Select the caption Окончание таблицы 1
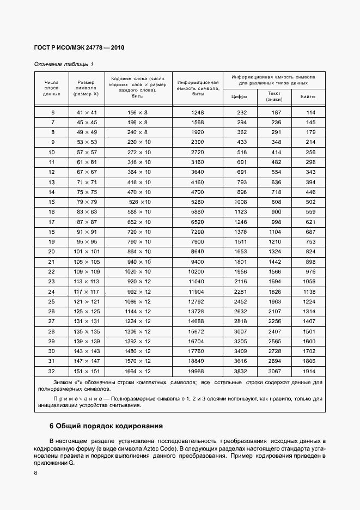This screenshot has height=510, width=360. (64, 64)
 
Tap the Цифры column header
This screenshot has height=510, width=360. (239, 97)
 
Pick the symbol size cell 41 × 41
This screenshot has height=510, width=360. (87, 112)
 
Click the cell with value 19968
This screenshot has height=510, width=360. (198, 371)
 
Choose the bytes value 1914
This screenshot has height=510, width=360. (309, 371)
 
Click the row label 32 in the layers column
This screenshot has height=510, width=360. (52, 371)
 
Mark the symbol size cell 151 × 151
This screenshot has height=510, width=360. (87, 371)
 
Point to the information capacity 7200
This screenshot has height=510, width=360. (198, 232)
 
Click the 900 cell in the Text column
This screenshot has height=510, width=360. (276, 211)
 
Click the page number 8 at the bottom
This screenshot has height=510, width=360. (35, 473)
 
